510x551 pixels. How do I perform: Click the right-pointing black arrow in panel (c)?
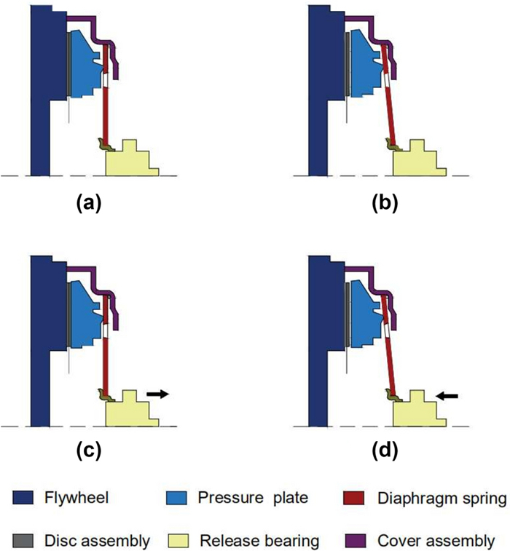(157, 393)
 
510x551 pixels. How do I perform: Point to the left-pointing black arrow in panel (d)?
(447, 396)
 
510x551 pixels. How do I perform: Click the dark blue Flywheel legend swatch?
(22, 499)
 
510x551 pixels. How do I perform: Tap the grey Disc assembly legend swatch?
(22, 540)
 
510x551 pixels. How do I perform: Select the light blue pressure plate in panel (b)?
(365, 62)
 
